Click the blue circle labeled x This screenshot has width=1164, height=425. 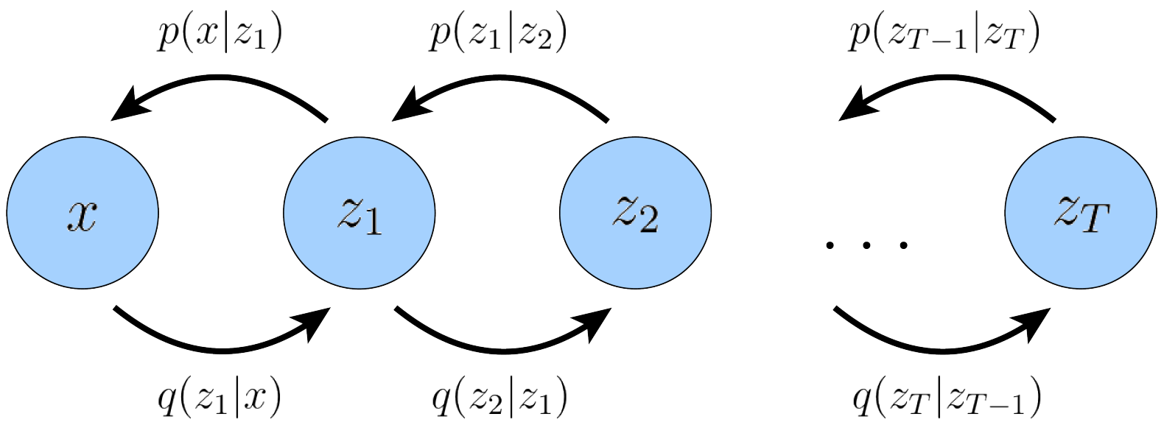(x=83, y=213)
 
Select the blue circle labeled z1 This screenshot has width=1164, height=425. (x=359, y=213)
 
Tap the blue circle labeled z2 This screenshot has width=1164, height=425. (x=636, y=213)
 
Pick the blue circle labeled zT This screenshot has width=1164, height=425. (x=1081, y=213)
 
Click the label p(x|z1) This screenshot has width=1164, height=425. (x=220, y=35)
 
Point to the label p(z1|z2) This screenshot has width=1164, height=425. (x=497, y=35)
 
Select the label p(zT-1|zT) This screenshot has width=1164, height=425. (x=944, y=35)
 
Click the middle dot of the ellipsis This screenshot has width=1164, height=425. (x=866, y=245)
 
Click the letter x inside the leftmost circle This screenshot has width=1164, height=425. (x=83, y=215)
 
